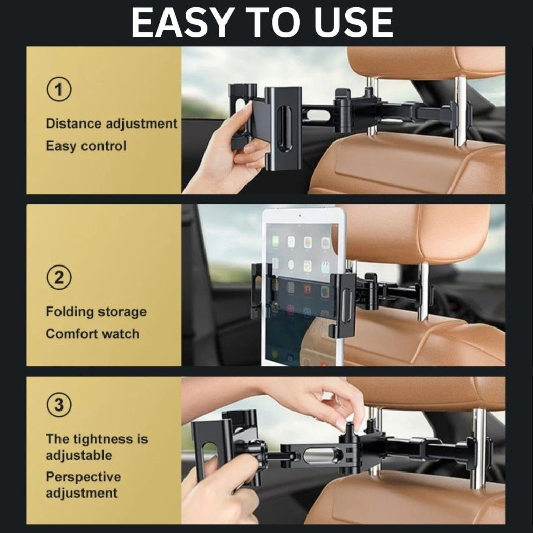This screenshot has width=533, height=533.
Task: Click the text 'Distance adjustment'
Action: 111,124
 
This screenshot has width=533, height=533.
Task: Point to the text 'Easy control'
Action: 86,146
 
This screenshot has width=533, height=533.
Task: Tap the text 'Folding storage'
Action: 96,312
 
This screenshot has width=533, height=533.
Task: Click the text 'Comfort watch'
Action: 92,334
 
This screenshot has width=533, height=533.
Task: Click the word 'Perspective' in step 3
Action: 83,477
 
